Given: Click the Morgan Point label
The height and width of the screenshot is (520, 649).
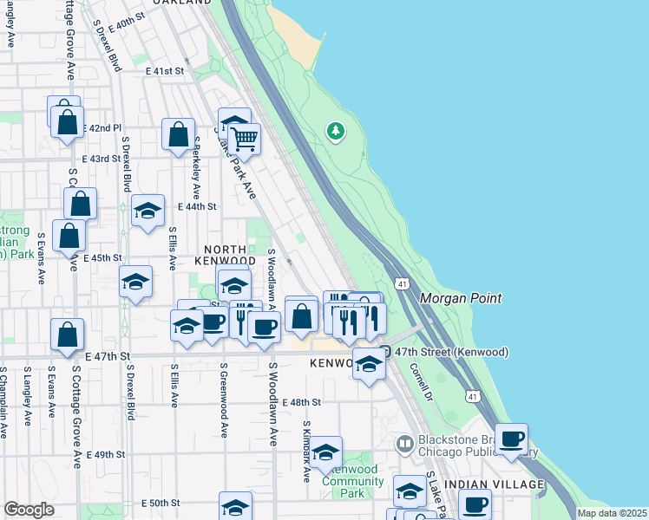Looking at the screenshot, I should [461, 298].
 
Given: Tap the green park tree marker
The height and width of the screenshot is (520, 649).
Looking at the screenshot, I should [335, 132].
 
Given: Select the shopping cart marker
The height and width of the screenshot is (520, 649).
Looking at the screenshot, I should [245, 139].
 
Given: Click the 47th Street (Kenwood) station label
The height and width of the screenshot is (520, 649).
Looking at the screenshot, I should [450, 352].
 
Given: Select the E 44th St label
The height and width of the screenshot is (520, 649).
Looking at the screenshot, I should [196, 206].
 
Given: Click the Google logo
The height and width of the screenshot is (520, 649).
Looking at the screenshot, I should [29, 510].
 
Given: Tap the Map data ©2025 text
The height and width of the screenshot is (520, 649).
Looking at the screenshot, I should [611, 513].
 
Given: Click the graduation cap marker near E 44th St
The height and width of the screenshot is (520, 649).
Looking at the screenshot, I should [147, 211].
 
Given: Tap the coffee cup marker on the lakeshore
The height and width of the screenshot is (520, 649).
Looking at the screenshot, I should [512, 438].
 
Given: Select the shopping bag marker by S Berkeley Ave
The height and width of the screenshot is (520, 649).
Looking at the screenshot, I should [178, 135].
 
